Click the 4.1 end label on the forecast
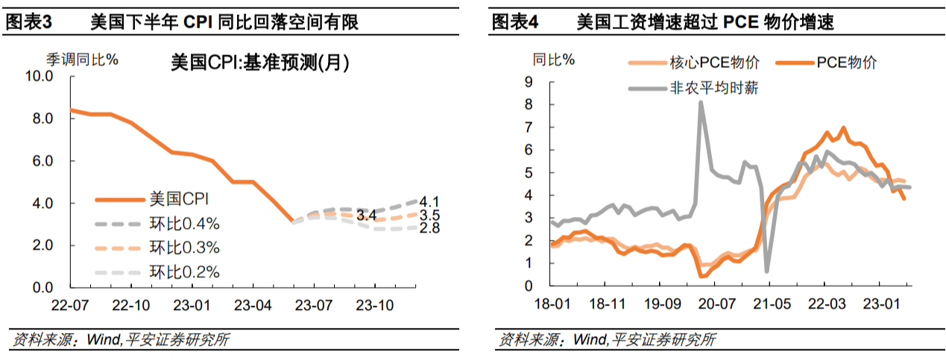click(x=429, y=201)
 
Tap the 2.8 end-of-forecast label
click(x=429, y=228)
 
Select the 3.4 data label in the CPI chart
click(x=366, y=216)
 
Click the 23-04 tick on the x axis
click(x=253, y=306)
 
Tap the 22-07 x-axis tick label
click(x=69, y=306)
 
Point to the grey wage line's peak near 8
click(x=701, y=103)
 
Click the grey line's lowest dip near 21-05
click(x=766, y=270)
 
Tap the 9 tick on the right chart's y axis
click(x=529, y=82)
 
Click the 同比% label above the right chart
click(x=553, y=60)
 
